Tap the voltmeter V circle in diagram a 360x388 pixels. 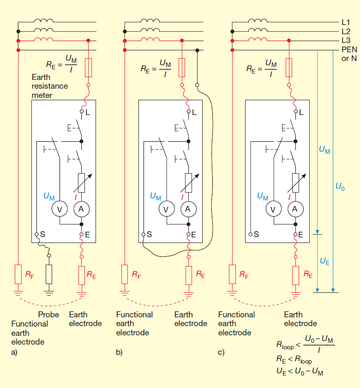point(60,209)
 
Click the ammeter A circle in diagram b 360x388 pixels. point(188,209)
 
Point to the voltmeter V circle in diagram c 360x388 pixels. point(273,209)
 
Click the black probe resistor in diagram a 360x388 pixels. point(49,274)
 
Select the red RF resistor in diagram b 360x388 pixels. point(124,274)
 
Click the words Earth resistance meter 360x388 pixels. point(49,86)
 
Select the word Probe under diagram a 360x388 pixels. point(48,315)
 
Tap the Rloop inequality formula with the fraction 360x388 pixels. point(305,344)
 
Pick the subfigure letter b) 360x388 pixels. point(119,352)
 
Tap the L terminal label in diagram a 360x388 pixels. point(88,112)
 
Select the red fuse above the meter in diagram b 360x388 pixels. point(182,67)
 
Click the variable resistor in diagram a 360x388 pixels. point(81,182)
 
